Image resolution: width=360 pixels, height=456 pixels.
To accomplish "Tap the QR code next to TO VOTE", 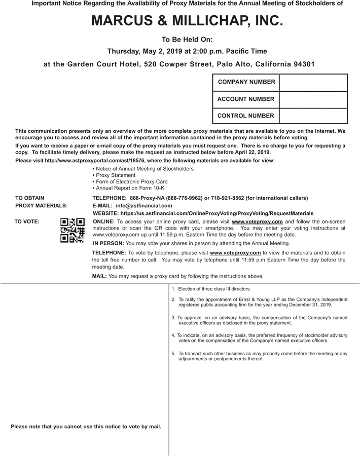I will click(x=73, y=230).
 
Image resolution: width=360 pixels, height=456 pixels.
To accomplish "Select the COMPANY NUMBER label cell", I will click(x=246, y=82).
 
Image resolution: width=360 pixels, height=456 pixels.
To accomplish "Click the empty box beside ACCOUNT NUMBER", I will click(x=313, y=99).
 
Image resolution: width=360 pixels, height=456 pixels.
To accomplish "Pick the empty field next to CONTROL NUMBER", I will click(x=313, y=116).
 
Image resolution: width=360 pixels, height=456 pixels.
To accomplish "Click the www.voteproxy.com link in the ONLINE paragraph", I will click(x=257, y=222).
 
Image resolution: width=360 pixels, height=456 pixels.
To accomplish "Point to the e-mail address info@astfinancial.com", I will click(x=143, y=206).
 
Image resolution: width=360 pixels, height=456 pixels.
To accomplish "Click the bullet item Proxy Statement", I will click(x=116, y=175).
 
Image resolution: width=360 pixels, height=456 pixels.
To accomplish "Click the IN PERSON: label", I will click(x=107, y=243).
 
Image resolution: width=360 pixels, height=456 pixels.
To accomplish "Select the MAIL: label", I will click(x=99, y=276).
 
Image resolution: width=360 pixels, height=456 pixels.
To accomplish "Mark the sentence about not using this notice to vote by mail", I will click(x=86, y=427).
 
